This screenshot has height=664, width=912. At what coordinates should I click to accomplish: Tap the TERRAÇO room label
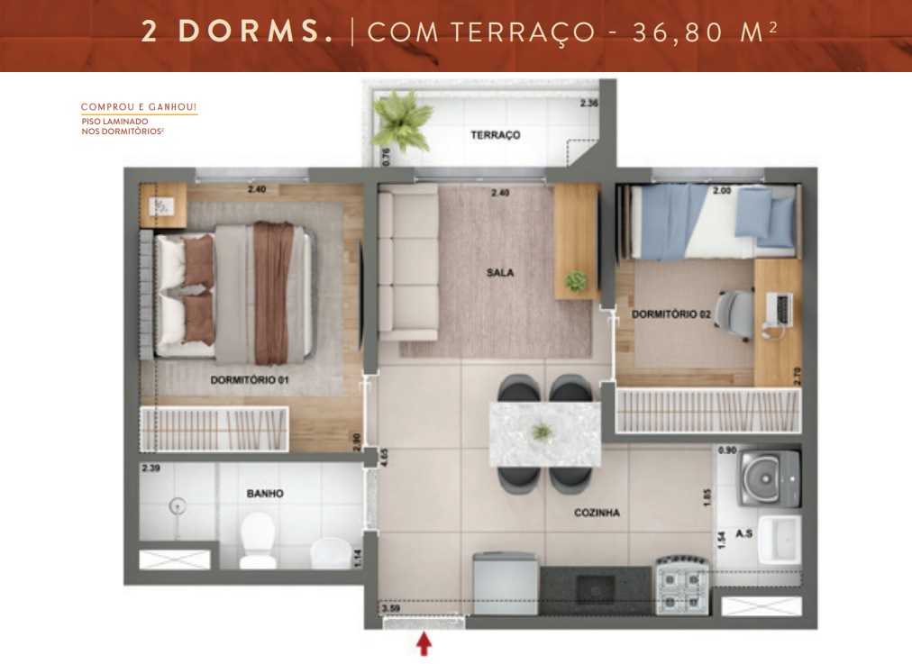pyautogui.click(x=496, y=135)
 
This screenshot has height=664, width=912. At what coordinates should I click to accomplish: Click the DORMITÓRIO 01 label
pyautogui.click(x=250, y=380)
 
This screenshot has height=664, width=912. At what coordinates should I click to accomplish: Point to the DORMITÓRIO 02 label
pyautogui.click(x=670, y=314)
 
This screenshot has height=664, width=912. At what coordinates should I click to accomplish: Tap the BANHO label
pyautogui.click(x=265, y=494)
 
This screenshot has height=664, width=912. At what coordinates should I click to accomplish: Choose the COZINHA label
pyautogui.click(x=597, y=513)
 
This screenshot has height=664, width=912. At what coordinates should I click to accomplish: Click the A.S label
pyautogui.click(x=744, y=533)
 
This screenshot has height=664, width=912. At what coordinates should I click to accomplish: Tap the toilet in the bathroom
pyautogui.click(x=258, y=540)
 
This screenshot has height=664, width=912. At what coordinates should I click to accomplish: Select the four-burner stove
pyautogui.click(x=682, y=587)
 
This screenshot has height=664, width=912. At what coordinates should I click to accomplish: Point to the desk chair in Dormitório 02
pyautogui.click(x=736, y=312)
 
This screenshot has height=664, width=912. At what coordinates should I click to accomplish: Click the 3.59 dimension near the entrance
pyautogui.click(x=391, y=609)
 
